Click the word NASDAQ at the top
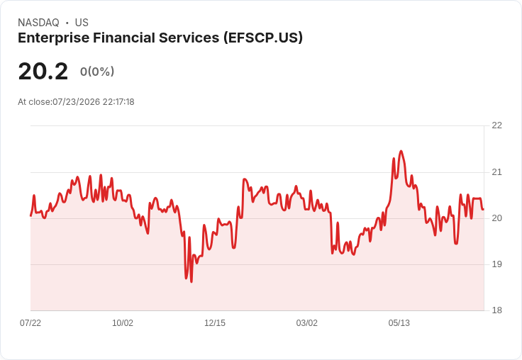[x=38, y=23]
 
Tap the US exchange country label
[x=82, y=23]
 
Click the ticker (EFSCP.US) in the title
[x=263, y=38]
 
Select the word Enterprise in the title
[x=54, y=38]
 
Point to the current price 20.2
[x=43, y=72]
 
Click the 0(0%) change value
[x=97, y=72]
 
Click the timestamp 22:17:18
[x=118, y=102]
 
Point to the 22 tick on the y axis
[x=496, y=125]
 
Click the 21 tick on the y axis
[x=496, y=172]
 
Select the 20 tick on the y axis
[x=496, y=218]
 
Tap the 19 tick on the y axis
[x=496, y=264]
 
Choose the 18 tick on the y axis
[x=496, y=310]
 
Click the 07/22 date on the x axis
[x=30, y=322]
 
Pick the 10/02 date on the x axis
[x=123, y=322]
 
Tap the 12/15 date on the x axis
[x=215, y=322]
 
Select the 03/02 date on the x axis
[x=306, y=322]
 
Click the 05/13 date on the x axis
[x=399, y=322]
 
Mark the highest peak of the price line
[x=401, y=151]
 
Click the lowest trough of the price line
[x=191, y=282]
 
